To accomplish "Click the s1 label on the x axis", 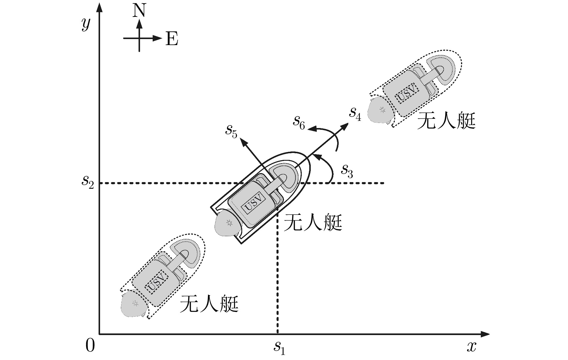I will pos(279,348).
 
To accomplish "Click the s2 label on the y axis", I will pos(88,181).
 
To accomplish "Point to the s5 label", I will pos(231,131).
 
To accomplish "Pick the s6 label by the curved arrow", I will pos(299,122).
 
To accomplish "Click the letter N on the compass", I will pos(139,11).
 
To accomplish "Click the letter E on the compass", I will pos(172,39).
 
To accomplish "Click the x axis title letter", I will pos(472,347).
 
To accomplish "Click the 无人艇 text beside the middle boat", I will pos(313,223).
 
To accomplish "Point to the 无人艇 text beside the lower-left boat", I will pos(209,304).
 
